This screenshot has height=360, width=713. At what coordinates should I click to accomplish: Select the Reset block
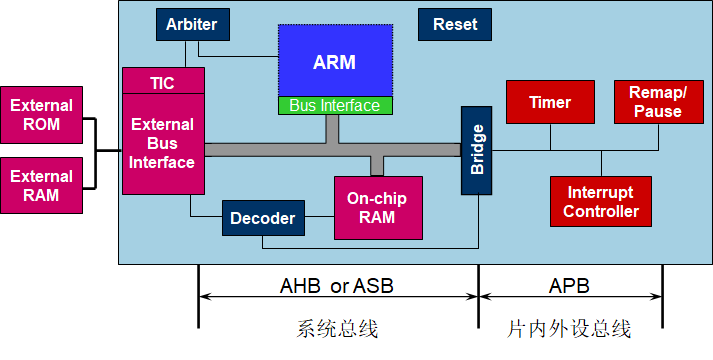point(455,24)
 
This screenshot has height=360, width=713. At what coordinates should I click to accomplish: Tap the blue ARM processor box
point(334,62)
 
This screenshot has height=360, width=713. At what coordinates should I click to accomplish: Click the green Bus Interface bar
point(334,105)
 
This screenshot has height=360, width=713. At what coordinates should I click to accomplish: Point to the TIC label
point(162,82)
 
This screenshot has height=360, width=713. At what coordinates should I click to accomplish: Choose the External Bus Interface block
point(163,143)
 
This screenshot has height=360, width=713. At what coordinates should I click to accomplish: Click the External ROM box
point(41,115)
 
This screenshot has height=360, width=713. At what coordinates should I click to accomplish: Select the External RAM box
point(41,185)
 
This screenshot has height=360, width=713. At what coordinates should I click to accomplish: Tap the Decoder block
point(262,218)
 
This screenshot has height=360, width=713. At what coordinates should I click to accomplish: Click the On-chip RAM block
point(377,208)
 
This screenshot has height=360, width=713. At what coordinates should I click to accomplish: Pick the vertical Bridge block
point(477,150)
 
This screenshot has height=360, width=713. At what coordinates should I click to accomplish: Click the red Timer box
point(549,102)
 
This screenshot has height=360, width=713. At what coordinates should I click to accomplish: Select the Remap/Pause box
point(657,102)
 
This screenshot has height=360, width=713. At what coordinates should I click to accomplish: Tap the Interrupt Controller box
point(601,201)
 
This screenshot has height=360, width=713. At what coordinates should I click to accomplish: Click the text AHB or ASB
point(336,286)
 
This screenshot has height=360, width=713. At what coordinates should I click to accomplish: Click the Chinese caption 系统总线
point(338,329)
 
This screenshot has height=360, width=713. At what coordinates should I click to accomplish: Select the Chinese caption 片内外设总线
point(570,329)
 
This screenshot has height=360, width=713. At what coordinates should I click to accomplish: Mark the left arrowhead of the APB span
point(485,296)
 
